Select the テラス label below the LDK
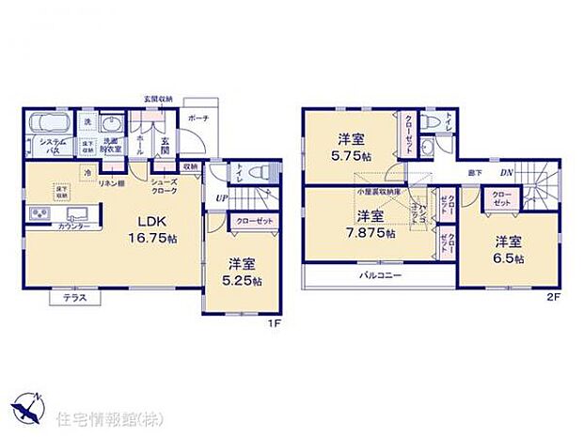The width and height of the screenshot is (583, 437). [76, 298]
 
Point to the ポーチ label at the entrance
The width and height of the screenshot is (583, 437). [198, 119]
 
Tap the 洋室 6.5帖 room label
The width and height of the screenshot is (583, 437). [510, 249]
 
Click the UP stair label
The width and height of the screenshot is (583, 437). [220, 198]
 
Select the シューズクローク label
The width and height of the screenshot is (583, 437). [164, 186]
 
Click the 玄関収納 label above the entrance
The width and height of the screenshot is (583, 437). [158, 98]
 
